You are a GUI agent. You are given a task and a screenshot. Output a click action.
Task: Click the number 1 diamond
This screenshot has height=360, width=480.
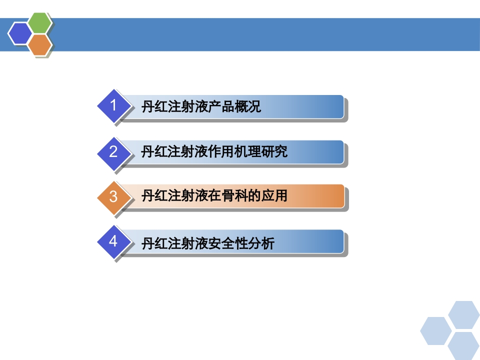click(x=113, y=106)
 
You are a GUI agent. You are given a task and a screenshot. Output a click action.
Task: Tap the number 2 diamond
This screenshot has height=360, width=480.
click(x=113, y=151)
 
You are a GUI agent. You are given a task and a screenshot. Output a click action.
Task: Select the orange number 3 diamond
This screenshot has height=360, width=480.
click(x=113, y=196)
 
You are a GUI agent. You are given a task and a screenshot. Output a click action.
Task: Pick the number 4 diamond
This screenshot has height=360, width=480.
click(x=113, y=242)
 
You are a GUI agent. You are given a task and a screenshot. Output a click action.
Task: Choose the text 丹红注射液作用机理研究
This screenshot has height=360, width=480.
click(x=214, y=151)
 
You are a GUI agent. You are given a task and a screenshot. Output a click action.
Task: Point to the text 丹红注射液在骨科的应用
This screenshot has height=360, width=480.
click(x=214, y=196)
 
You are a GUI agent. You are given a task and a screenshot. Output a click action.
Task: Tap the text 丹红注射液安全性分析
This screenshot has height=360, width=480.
click(x=207, y=243)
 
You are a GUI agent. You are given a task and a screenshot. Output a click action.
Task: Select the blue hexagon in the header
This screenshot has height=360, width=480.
click(x=19, y=33)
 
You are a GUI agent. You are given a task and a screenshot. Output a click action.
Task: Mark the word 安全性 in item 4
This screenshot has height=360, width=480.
click(x=226, y=243)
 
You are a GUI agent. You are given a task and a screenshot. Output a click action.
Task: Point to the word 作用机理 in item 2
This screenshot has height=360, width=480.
click(x=233, y=151)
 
